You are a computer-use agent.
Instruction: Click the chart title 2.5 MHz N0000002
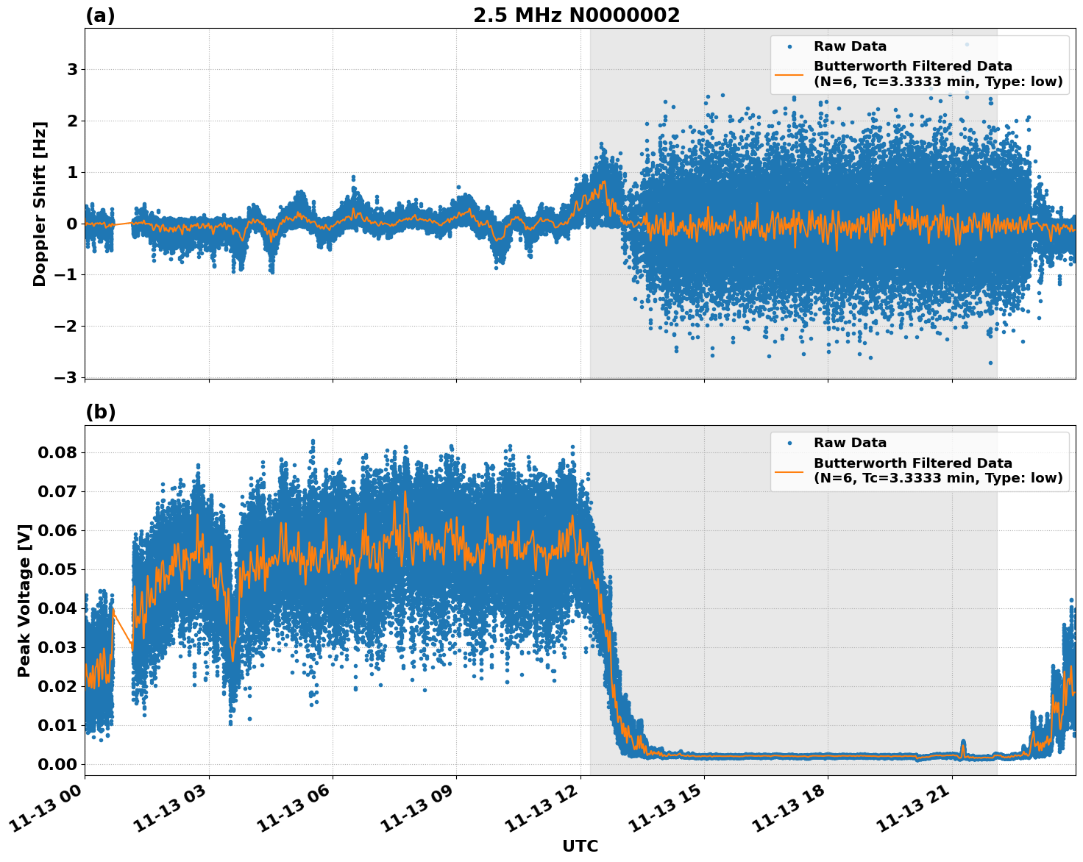click(576, 15)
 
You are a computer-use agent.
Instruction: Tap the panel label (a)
click(100, 15)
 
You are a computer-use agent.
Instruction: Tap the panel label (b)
click(100, 413)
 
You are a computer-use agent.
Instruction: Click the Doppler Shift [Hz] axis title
click(40, 204)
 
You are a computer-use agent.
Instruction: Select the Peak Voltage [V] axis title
click(24, 600)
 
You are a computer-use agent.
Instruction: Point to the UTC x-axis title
click(580, 846)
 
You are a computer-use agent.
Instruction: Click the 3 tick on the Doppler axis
click(72, 70)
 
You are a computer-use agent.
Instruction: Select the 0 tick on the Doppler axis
click(72, 224)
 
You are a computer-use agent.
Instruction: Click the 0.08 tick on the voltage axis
click(57, 452)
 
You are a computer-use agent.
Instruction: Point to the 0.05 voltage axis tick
click(57, 569)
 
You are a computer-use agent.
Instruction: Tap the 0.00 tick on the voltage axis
click(57, 764)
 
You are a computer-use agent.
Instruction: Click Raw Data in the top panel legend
click(850, 46)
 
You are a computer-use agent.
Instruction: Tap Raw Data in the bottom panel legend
click(850, 443)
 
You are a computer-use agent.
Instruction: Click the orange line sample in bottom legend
click(789, 471)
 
